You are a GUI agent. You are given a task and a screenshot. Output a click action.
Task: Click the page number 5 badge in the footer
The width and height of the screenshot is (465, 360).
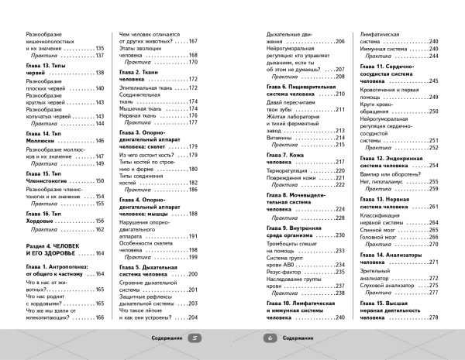tap(195, 338)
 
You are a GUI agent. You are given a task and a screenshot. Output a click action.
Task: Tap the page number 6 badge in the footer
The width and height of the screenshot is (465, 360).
tap(270, 338)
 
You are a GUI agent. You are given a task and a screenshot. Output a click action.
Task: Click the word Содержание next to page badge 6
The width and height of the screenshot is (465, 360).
tap(298, 338)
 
